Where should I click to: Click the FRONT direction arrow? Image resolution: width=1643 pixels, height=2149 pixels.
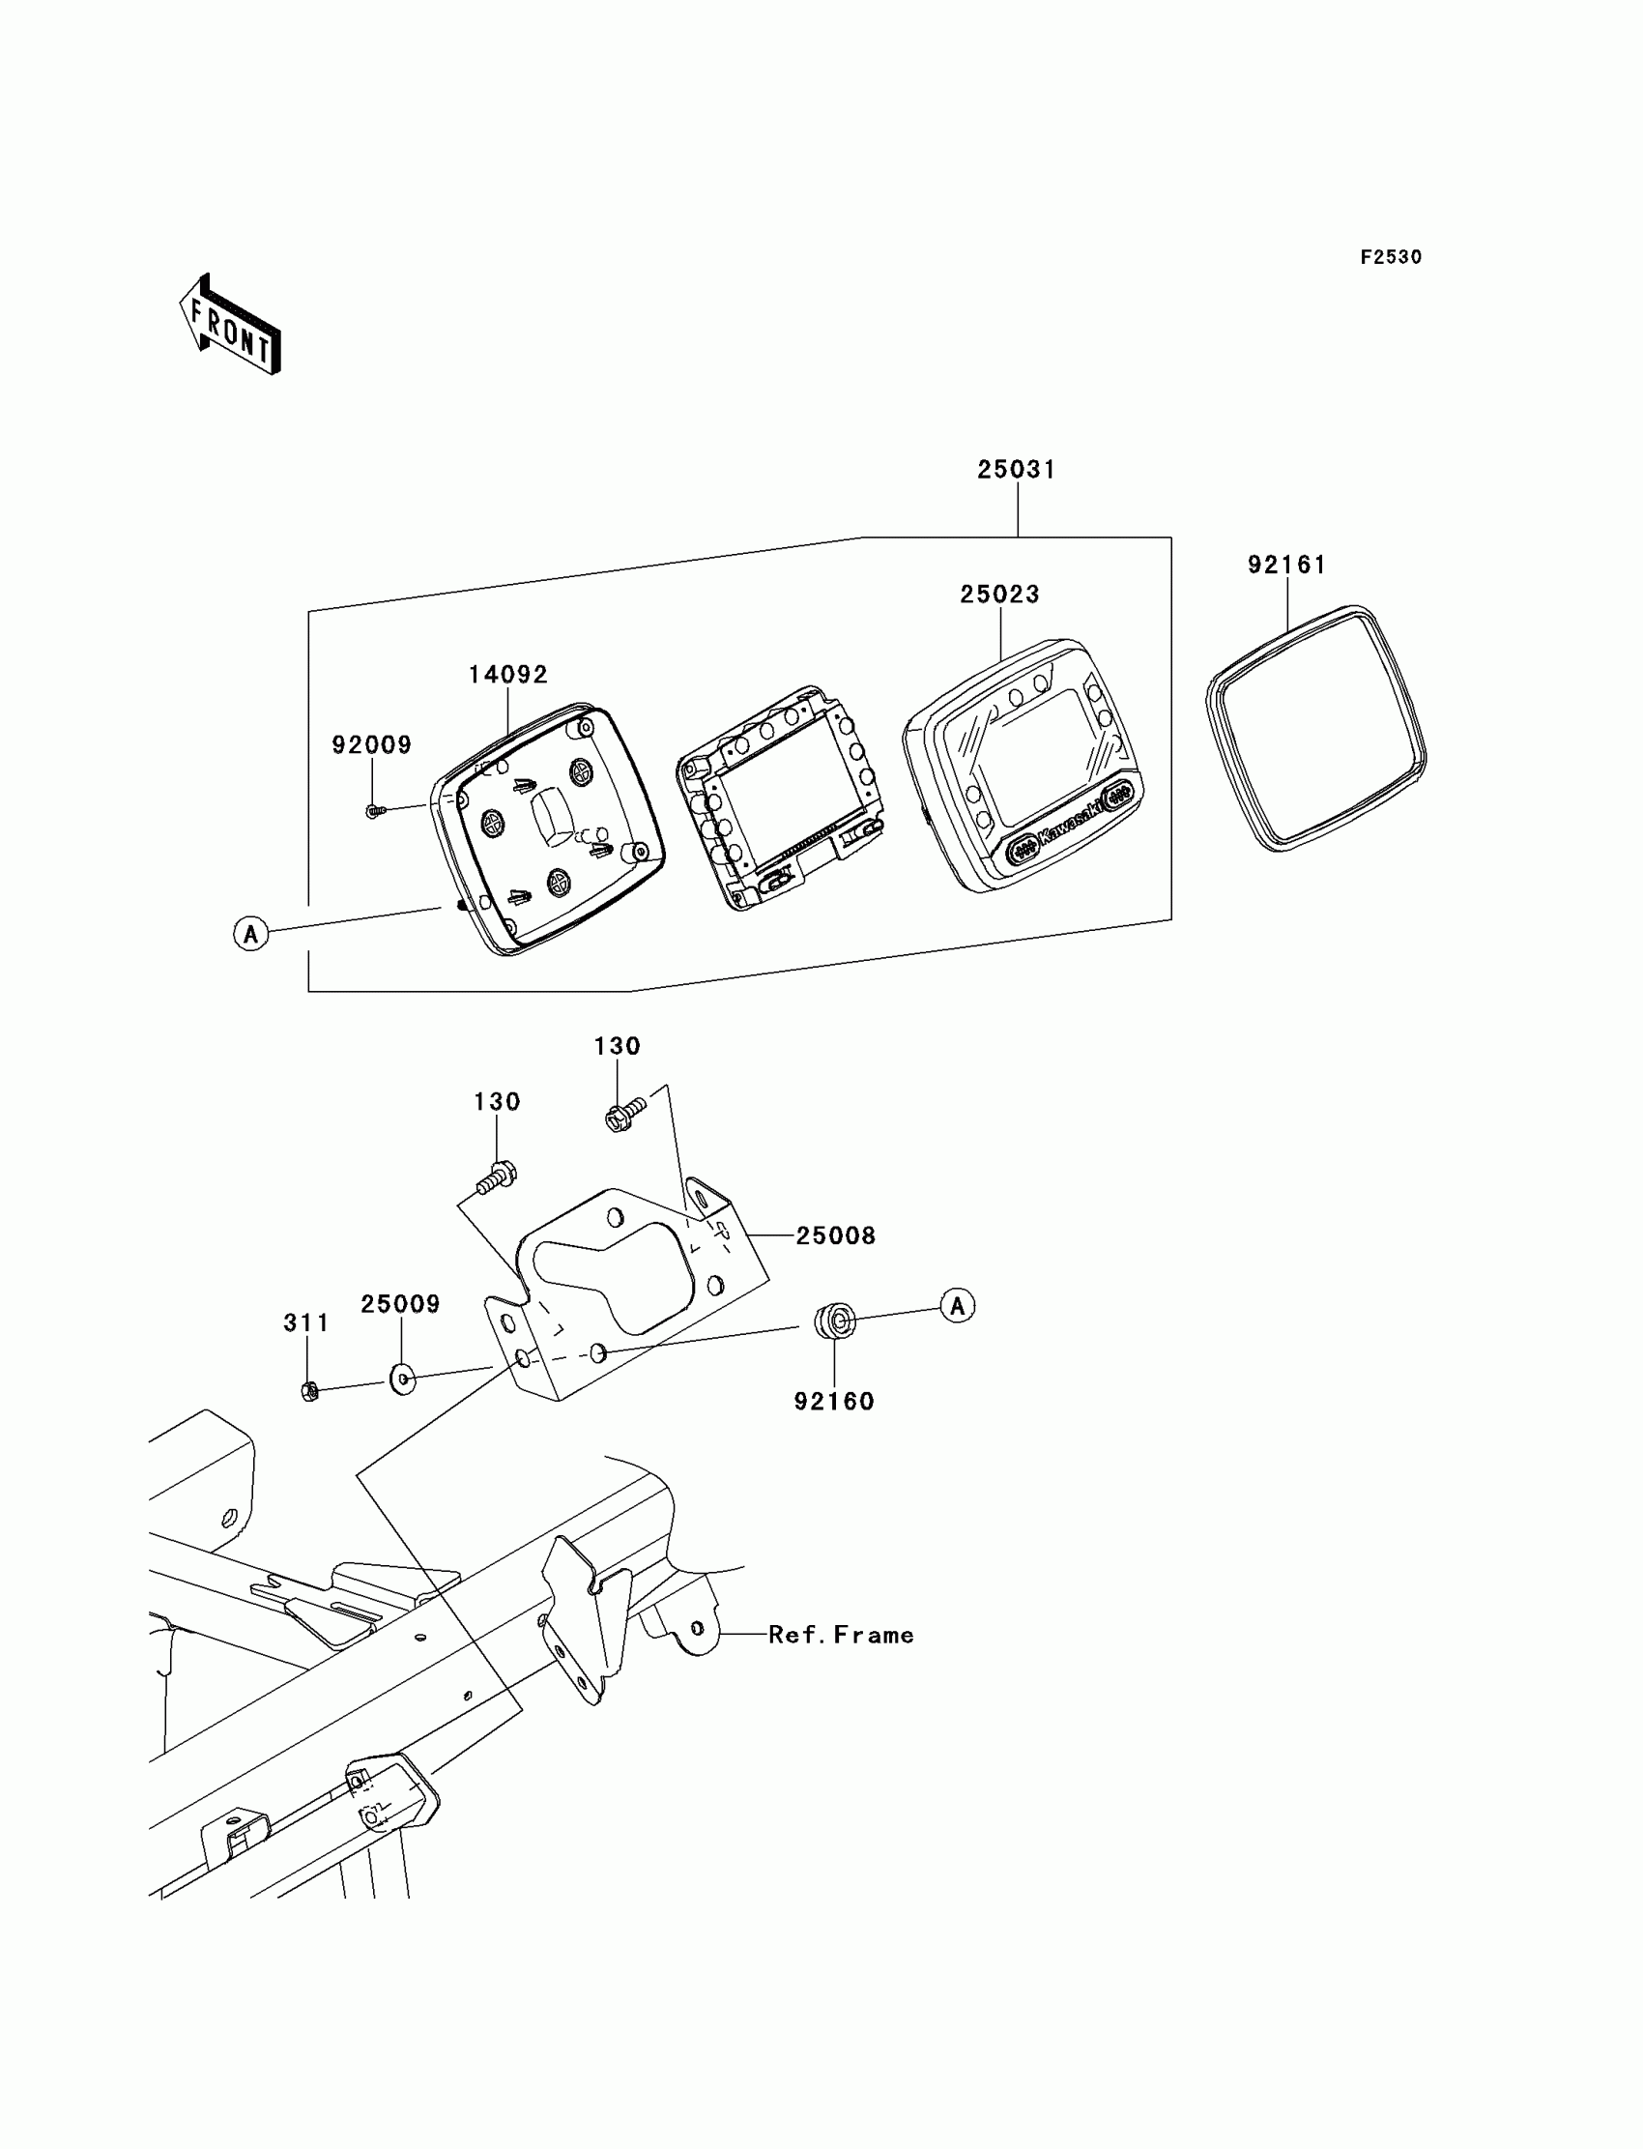[x=231, y=327]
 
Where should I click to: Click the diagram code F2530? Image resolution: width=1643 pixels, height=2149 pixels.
[x=1391, y=257]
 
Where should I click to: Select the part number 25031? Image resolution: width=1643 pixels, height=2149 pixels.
[x=1016, y=470]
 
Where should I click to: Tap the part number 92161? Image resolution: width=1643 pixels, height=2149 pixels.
[x=1286, y=565]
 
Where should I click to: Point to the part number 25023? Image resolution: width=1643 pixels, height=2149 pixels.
[x=999, y=594]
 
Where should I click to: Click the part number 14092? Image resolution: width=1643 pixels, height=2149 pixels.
[x=507, y=674]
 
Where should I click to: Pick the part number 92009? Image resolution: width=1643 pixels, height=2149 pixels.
[x=372, y=744]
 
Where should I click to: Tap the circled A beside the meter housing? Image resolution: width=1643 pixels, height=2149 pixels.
[x=251, y=933]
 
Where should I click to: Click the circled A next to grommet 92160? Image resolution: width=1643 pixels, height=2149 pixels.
[x=958, y=1306]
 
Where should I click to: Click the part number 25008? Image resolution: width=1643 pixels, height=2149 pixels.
[x=835, y=1235]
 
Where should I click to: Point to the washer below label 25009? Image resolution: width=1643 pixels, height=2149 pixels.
[x=403, y=1379]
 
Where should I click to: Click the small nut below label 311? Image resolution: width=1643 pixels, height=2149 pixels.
[x=310, y=1391]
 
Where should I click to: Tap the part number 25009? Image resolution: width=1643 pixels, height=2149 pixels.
[x=400, y=1304]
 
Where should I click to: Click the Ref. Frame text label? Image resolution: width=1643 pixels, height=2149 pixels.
[x=841, y=1635]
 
